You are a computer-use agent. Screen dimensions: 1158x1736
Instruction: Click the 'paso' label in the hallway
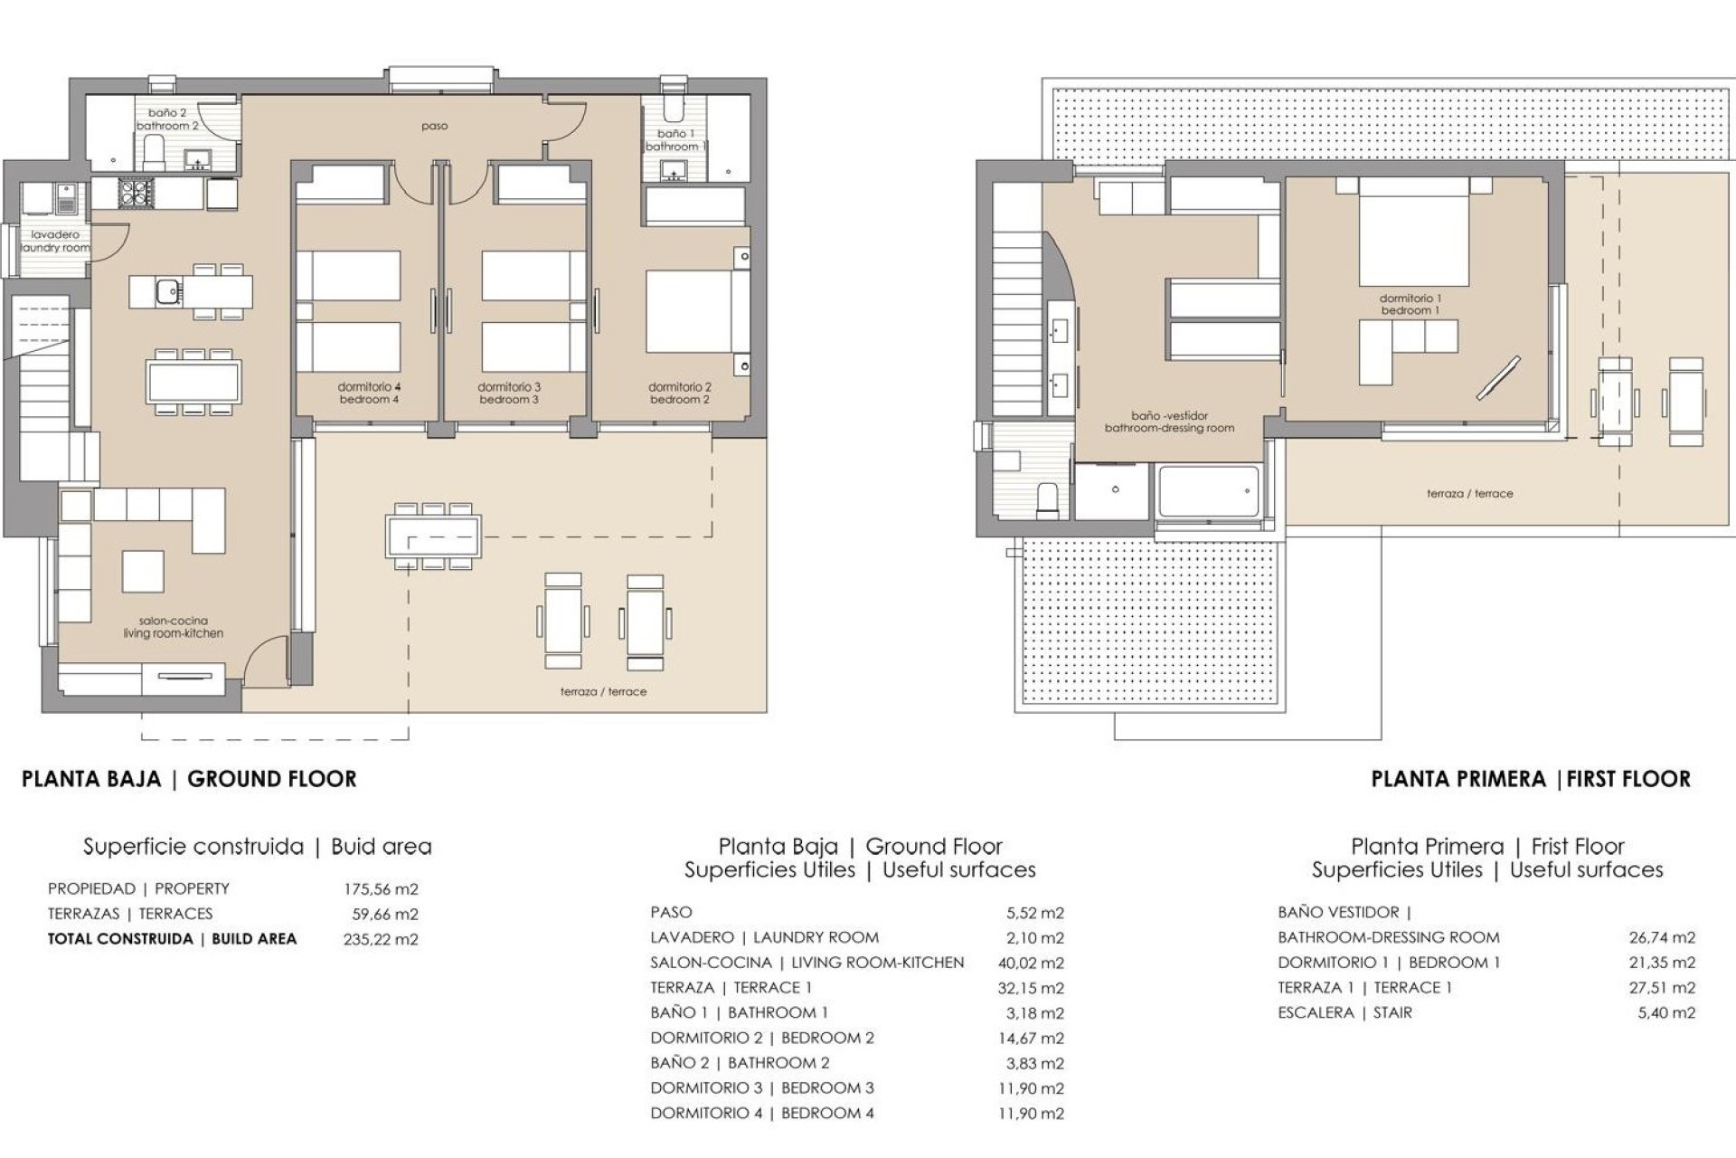point(434,127)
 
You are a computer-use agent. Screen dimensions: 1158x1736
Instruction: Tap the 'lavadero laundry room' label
point(55,241)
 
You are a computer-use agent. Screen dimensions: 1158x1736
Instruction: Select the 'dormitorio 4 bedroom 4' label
point(369,393)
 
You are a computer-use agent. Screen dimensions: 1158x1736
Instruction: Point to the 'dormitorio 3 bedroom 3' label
point(509,393)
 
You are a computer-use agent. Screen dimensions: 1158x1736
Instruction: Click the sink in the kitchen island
point(167,292)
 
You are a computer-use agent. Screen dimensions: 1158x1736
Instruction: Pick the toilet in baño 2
point(153,156)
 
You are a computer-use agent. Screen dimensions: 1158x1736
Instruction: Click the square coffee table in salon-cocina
point(143,572)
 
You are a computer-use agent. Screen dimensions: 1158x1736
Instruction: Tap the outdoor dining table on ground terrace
point(433,536)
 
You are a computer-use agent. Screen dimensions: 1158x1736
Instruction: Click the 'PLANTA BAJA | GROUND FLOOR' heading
point(189,779)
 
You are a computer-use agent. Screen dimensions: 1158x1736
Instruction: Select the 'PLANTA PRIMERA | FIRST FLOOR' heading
point(1531,779)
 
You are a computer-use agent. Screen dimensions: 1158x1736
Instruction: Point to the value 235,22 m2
point(381,939)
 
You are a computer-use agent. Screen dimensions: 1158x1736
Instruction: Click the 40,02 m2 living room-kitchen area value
point(1031,963)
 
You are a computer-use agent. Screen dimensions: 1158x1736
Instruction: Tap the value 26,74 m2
point(1662,938)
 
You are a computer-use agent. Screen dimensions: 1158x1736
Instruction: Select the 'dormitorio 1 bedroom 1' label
point(1410,304)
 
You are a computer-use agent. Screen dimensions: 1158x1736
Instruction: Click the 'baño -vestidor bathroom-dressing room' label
point(1169,422)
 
